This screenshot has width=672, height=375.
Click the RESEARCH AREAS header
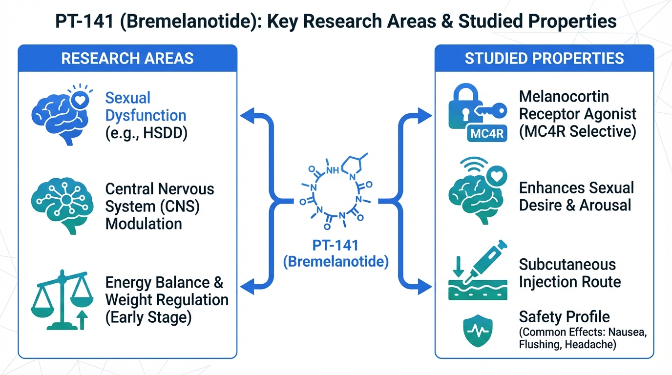[127, 59]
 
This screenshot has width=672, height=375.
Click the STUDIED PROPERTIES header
[544, 59]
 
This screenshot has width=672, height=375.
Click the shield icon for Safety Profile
[477, 330]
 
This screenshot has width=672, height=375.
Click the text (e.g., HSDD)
[146, 133]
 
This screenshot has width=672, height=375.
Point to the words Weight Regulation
[167, 299]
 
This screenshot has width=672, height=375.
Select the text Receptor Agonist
[578, 114]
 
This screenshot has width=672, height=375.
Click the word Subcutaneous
[567, 264]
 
